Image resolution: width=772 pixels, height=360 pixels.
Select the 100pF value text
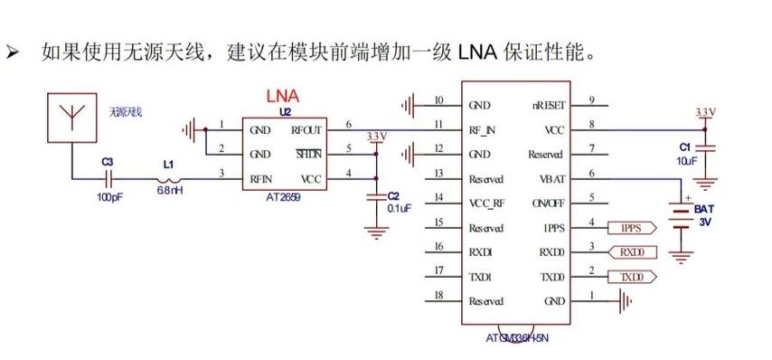(x=108, y=196)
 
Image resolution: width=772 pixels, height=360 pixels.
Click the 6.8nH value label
(x=169, y=192)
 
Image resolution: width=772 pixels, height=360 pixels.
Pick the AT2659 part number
(x=283, y=195)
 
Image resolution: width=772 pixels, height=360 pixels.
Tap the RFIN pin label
(x=262, y=179)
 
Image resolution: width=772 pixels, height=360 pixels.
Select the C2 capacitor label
(x=392, y=195)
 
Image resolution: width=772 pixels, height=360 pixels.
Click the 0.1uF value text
(x=399, y=208)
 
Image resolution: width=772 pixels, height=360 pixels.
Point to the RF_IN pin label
(x=482, y=129)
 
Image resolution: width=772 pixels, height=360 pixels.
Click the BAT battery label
(x=704, y=209)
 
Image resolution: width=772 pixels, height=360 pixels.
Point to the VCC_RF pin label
(x=486, y=204)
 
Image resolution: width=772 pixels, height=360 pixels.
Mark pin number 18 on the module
(x=438, y=295)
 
